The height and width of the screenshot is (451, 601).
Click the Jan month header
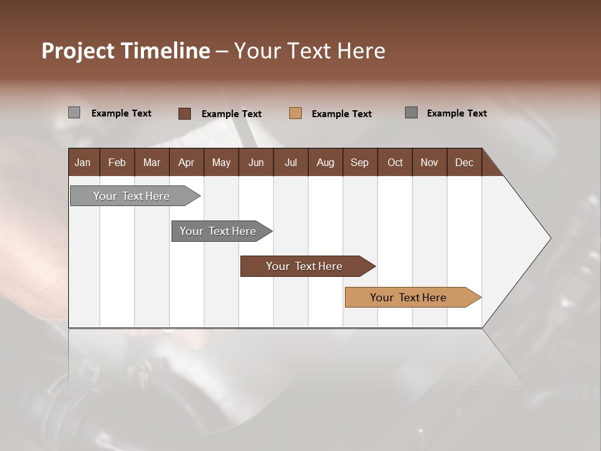83,162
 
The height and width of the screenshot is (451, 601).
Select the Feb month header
117,162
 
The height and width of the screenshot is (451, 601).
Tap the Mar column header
152,162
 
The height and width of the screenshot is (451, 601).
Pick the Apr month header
187,162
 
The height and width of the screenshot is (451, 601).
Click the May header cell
221,162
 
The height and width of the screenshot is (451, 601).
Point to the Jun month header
256,162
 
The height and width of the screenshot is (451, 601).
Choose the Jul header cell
290,162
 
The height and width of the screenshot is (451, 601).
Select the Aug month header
326,162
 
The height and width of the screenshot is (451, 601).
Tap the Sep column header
360,162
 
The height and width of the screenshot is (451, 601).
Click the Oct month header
395,162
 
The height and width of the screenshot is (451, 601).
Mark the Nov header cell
429,162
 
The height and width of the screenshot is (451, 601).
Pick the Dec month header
465,162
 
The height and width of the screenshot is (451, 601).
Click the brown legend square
185,113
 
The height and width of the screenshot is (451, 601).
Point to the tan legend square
295,113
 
